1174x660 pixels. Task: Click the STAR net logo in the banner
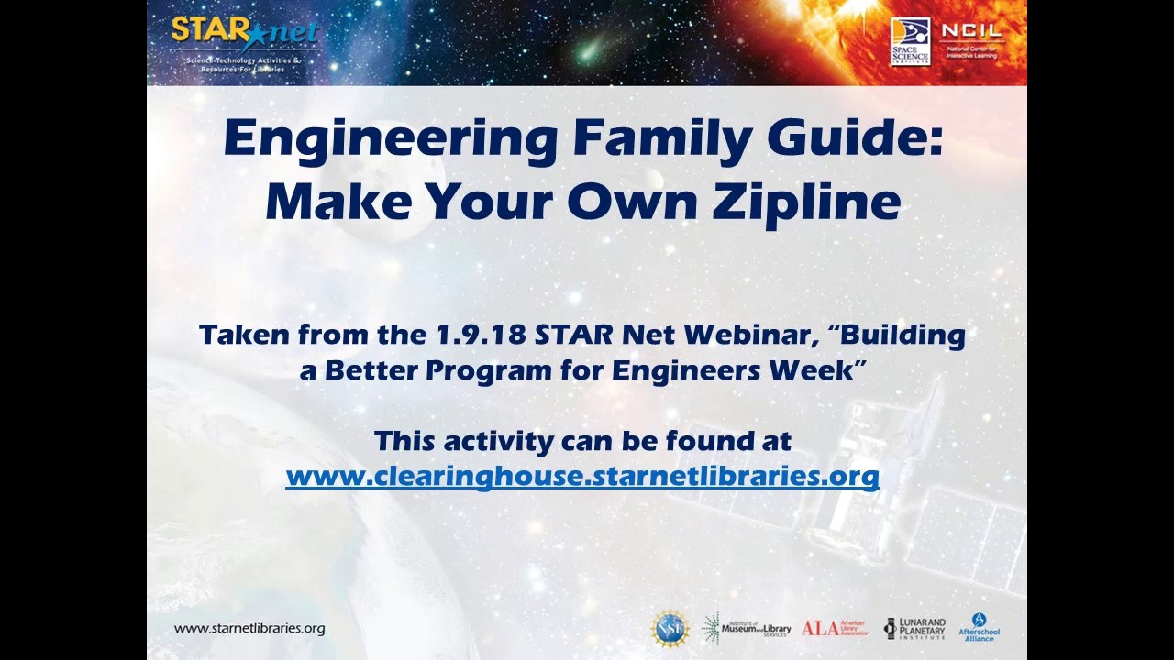243,37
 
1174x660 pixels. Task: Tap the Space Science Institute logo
910,41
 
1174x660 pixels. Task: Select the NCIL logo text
972,33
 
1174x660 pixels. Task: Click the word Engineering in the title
391,139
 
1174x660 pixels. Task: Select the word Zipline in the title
806,202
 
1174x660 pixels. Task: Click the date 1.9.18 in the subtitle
481,335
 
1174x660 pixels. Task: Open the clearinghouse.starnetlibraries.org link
582,477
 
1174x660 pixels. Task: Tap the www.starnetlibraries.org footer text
249,628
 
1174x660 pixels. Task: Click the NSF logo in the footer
670,628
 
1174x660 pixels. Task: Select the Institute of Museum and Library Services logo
746,628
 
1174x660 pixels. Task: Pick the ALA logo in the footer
834,628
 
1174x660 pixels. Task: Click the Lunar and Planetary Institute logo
914,628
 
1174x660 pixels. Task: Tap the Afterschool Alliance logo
979,628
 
